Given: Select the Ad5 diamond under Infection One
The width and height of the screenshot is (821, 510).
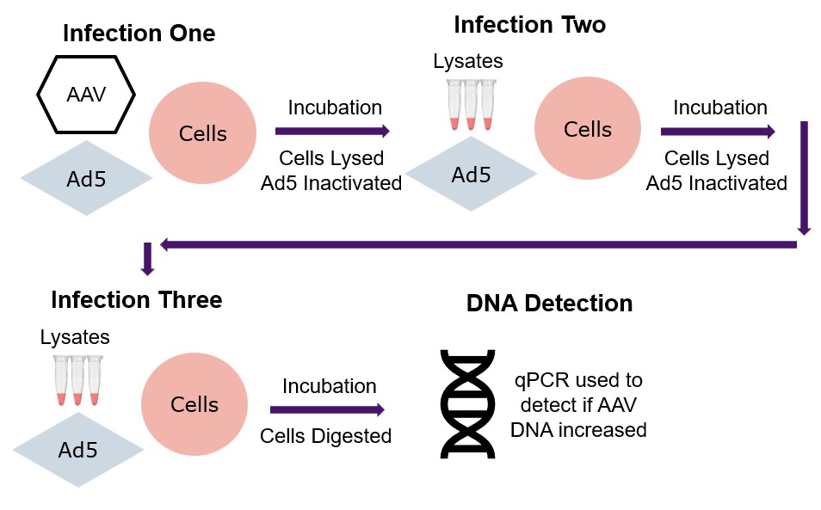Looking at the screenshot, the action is (86, 178).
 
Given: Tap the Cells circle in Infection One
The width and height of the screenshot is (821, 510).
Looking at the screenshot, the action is (202, 132).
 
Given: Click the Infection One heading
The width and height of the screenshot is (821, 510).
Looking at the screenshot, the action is (139, 34).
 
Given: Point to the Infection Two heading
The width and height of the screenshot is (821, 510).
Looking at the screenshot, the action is (530, 25).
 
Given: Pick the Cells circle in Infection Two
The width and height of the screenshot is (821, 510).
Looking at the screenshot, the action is (588, 129).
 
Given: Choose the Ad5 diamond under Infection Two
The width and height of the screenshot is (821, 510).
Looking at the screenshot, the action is (472, 174).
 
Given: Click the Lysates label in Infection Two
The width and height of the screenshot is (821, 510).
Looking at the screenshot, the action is (468, 61).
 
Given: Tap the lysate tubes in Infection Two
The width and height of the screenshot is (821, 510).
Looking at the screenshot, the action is (471, 105).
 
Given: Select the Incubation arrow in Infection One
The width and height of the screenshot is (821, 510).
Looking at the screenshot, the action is (332, 131).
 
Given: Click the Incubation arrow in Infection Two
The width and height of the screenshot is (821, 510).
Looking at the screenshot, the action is (718, 131).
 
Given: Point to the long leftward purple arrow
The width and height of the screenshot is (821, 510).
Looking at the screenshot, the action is (478, 244).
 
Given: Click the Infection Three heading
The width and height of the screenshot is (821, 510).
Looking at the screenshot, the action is (137, 300).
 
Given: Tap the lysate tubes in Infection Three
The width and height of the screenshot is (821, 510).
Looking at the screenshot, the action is (78, 380).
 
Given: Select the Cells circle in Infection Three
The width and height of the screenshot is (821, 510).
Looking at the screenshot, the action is (194, 404).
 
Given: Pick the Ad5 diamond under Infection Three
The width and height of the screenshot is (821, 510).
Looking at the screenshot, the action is (78, 450).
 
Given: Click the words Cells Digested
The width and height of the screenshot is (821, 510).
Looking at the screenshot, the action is (325, 436).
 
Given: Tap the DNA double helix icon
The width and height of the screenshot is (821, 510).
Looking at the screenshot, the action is (467, 404).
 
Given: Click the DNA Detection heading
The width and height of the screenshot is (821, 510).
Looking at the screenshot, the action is (549, 304).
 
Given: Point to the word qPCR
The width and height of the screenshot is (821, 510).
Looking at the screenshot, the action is (541, 380).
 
